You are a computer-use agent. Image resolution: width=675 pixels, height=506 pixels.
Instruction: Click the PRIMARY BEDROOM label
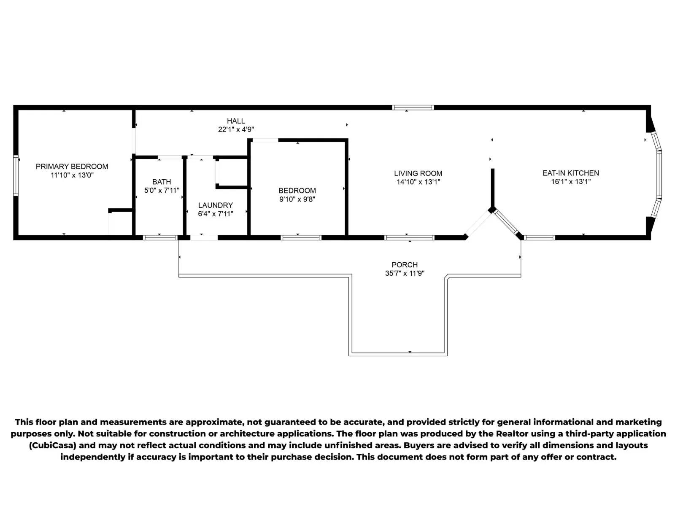click(x=72, y=167)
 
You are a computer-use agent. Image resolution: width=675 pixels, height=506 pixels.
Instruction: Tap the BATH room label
click(x=162, y=182)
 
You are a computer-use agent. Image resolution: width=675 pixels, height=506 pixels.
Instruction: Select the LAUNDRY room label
click(x=215, y=205)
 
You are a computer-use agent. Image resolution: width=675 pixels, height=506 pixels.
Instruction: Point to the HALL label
click(x=236, y=121)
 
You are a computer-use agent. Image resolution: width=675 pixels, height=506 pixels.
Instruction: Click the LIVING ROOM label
click(x=418, y=173)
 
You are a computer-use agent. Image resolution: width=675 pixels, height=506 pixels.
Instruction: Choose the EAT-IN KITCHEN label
click(x=571, y=173)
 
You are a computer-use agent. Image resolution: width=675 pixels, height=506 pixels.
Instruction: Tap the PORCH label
click(x=405, y=264)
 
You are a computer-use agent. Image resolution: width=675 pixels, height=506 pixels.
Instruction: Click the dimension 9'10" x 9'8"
click(x=297, y=199)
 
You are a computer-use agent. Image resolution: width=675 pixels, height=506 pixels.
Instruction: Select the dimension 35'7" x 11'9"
click(x=405, y=273)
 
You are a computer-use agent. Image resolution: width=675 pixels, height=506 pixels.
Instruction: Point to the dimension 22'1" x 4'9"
click(x=236, y=129)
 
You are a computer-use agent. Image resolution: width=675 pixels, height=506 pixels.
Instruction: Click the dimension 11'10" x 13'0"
click(x=72, y=175)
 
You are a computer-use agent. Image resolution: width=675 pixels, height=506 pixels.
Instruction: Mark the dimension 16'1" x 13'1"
click(x=571, y=182)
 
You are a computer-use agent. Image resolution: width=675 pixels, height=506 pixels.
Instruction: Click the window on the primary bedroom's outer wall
click(x=16, y=175)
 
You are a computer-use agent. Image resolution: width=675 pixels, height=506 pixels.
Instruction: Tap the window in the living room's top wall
click(x=413, y=108)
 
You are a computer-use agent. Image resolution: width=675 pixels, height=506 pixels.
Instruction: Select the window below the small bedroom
click(x=301, y=237)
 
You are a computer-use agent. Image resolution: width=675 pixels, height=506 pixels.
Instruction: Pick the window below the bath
click(x=160, y=237)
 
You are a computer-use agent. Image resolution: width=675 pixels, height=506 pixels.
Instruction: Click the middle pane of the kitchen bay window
click(x=659, y=175)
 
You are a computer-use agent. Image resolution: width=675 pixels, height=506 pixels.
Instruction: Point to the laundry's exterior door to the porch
click(x=204, y=237)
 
